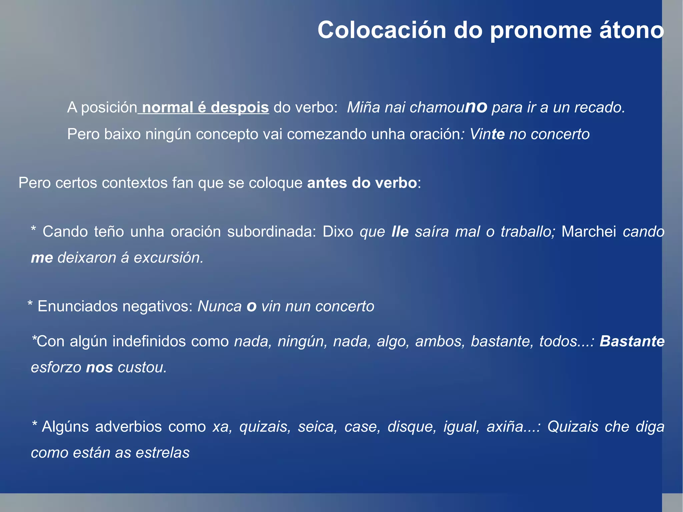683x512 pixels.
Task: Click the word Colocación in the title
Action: click(382, 30)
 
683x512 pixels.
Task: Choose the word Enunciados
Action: click(77, 306)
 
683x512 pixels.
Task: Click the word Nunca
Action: click(219, 306)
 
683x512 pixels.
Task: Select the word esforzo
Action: click(56, 367)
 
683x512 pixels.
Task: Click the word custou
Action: click(142, 367)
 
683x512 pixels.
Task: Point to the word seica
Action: click(317, 427)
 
